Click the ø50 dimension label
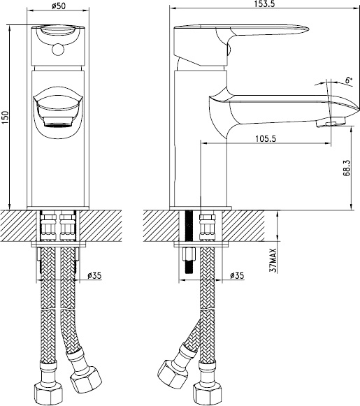[58, 6]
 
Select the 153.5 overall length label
[264, 3]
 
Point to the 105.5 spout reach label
[266, 138]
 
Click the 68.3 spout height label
[346, 168]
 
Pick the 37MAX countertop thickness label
[273, 260]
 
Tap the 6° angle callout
[349, 80]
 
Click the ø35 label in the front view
[94, 276]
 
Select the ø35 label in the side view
[237, 275]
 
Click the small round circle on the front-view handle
[57, 50]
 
